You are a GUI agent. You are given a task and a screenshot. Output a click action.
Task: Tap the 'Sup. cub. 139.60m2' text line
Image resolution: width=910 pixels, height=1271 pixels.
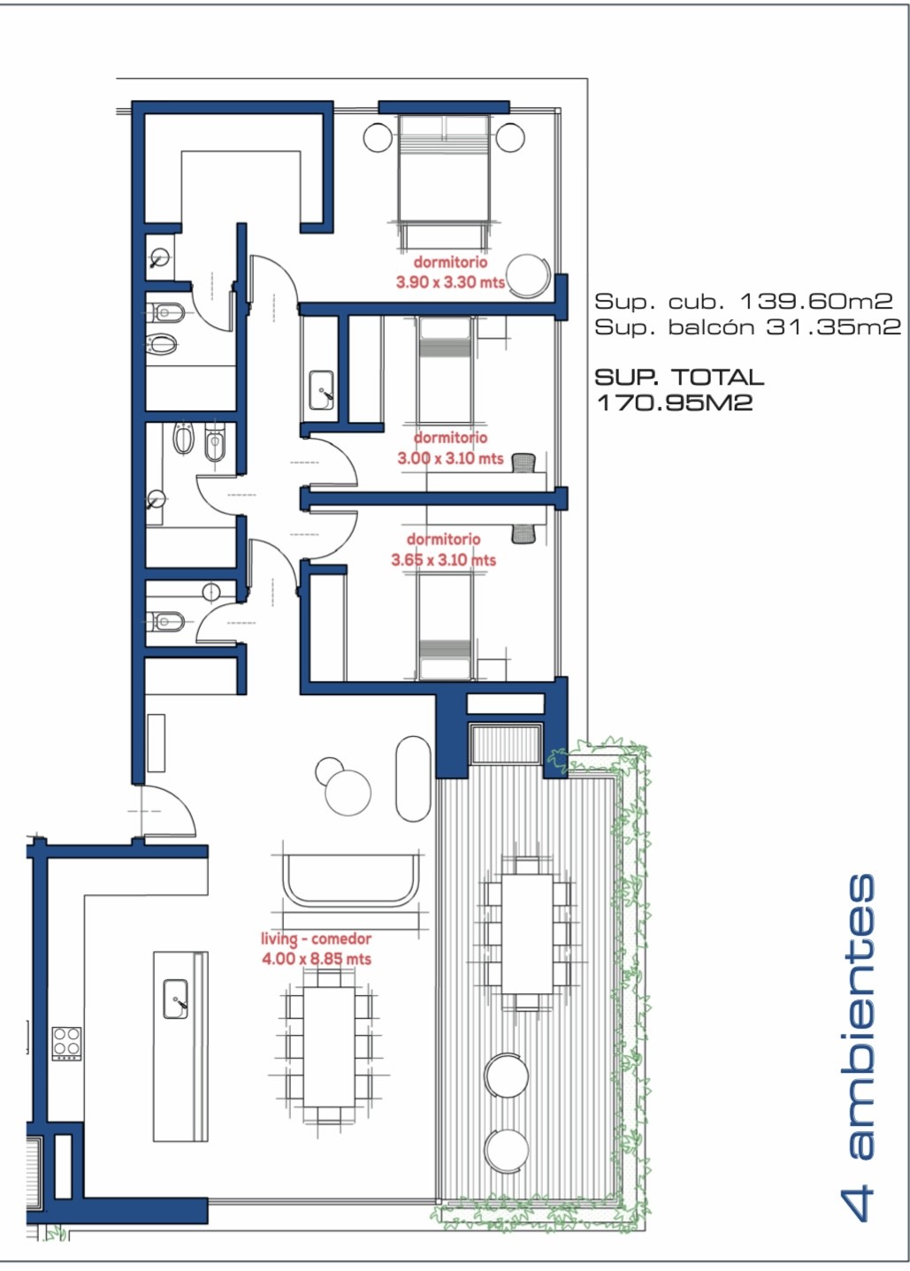click(x=744, y=301)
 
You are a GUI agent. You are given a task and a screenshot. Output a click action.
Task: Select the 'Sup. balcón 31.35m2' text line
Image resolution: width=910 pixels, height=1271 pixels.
click(x=748, y=327)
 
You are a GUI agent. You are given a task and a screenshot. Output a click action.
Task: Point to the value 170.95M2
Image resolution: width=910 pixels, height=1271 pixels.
click(x=675, y=402)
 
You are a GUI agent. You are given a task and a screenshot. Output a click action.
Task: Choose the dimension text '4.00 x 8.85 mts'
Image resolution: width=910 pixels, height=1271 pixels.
click(x=317, y=960)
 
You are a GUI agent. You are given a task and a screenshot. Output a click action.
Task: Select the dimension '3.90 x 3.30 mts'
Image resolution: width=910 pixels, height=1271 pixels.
click(x=450, y=282)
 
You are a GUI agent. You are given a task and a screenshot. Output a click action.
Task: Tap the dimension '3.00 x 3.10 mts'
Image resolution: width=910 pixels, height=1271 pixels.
click(x=450, y=458)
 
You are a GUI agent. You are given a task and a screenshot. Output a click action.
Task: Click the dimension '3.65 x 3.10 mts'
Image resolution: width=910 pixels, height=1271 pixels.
click(x=444, y=560)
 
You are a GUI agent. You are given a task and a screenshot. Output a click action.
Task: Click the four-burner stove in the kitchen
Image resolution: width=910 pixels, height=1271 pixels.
click(x=67, y=1044)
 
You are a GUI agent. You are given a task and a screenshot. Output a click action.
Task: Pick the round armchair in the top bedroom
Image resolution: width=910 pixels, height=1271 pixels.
click(x=529, y=274)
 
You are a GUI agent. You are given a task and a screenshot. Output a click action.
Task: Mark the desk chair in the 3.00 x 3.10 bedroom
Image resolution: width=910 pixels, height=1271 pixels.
click(x=524, y=463)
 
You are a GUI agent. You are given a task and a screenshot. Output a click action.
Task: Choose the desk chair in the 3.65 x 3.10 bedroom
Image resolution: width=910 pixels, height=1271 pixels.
click(x=524, y=534)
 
